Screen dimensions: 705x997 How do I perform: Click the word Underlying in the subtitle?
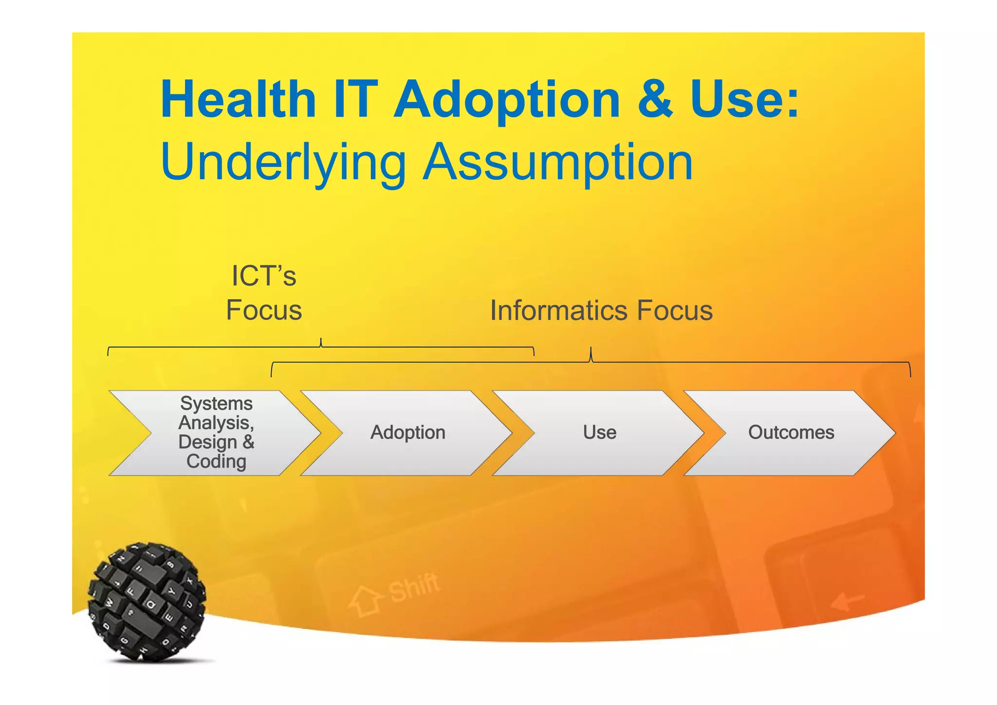pos(283,163)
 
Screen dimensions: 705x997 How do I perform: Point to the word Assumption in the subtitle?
pos(558,163)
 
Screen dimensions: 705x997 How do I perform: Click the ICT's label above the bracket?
pos(263,276)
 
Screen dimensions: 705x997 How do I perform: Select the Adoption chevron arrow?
pos(407,432)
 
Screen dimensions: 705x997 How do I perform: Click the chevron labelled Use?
pos(599,432)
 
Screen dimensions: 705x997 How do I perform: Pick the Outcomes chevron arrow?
pos(791,432)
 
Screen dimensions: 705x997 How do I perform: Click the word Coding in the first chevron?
pos(216,462)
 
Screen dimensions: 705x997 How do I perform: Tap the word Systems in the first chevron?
pos(216,404)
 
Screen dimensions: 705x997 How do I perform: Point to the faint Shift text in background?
pos(414,587)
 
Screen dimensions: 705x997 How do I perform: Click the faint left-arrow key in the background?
pos(847,602)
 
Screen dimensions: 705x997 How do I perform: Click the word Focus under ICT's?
pos(263,311)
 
